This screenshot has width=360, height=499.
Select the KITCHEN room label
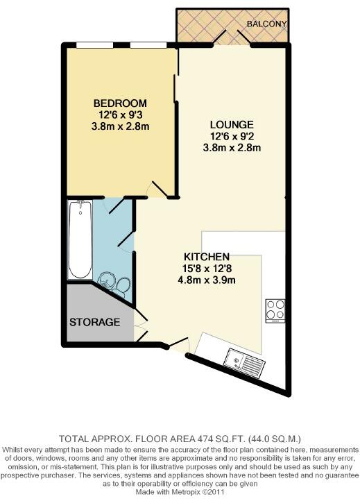point(203,257)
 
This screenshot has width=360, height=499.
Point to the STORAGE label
point(95,323)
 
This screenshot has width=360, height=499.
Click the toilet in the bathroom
point(122,285)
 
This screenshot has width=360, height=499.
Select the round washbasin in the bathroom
point(106,280)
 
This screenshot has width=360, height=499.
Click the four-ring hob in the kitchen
point(275,310)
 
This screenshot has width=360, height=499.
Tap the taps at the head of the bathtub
point(80,205)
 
